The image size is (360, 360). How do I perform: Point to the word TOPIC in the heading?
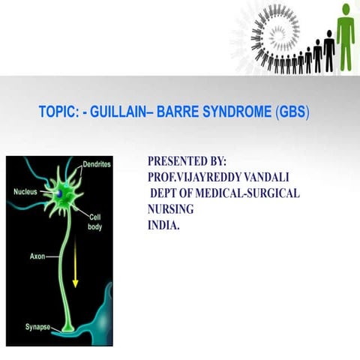pos(60,112)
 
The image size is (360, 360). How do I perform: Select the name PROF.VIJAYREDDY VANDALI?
pos(218,177)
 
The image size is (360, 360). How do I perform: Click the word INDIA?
pos(164,224)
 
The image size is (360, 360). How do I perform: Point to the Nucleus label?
pos(26,192)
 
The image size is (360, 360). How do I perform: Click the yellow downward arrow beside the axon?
pos(75,280)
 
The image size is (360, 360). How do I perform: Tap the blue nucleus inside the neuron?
pos(57,193)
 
